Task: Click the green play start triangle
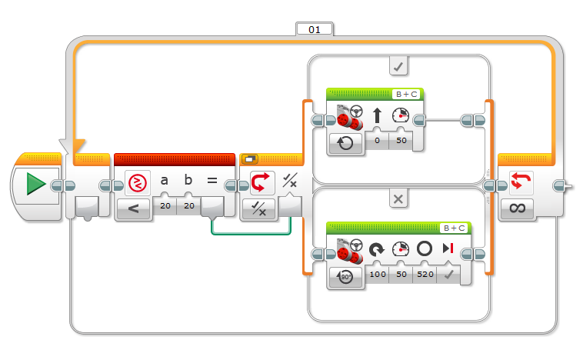tap(35, 184)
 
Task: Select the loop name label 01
tap(314, 30)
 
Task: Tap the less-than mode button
tap(134, 208)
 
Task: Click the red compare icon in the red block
tap(138, 183)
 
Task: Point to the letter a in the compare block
tap(164, 181)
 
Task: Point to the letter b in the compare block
tap(188, 180)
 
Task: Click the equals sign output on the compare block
tap(212, 181)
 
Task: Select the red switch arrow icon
tap(262, 182)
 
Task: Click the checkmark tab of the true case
tap(398, 66)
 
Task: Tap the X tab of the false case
tap(398, 199)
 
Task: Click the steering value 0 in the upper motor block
tap(377, 141)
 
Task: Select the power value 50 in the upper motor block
tap(401, 141)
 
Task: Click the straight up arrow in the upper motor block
tap(377, 115)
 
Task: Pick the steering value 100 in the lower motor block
tap(378, 274)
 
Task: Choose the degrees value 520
tap(425, 274)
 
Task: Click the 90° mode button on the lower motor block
tap(345, 277)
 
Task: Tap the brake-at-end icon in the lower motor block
tap(448, 248)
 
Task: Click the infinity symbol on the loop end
tap(518, 208)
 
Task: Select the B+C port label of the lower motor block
tap(454, 228)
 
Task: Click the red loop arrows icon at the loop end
tap(521, 182)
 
